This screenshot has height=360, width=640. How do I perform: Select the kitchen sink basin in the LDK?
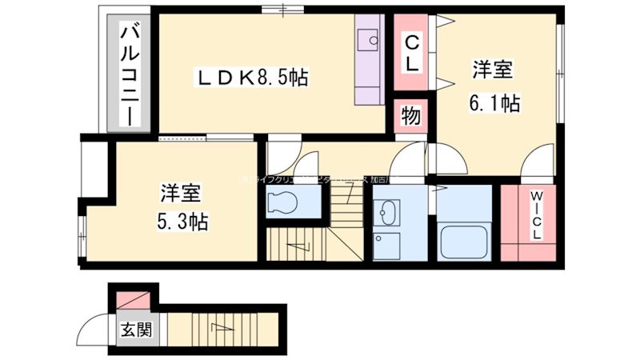(369, 38)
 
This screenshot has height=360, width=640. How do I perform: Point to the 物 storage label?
(411, 116)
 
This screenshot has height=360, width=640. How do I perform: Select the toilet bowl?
(285, 203)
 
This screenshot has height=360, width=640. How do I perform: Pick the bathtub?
(464, 239)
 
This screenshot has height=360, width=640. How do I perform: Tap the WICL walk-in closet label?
(534, 215)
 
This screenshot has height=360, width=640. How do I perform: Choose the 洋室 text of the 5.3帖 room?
(181, 193)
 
